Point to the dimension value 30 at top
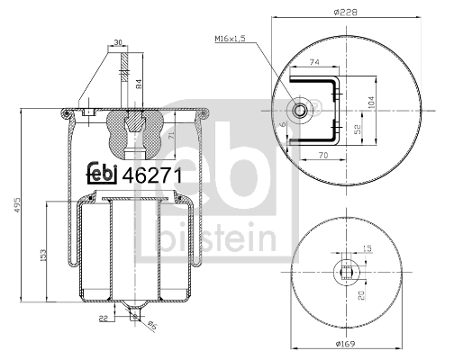point(117,41)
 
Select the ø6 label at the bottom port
point(152,325)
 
